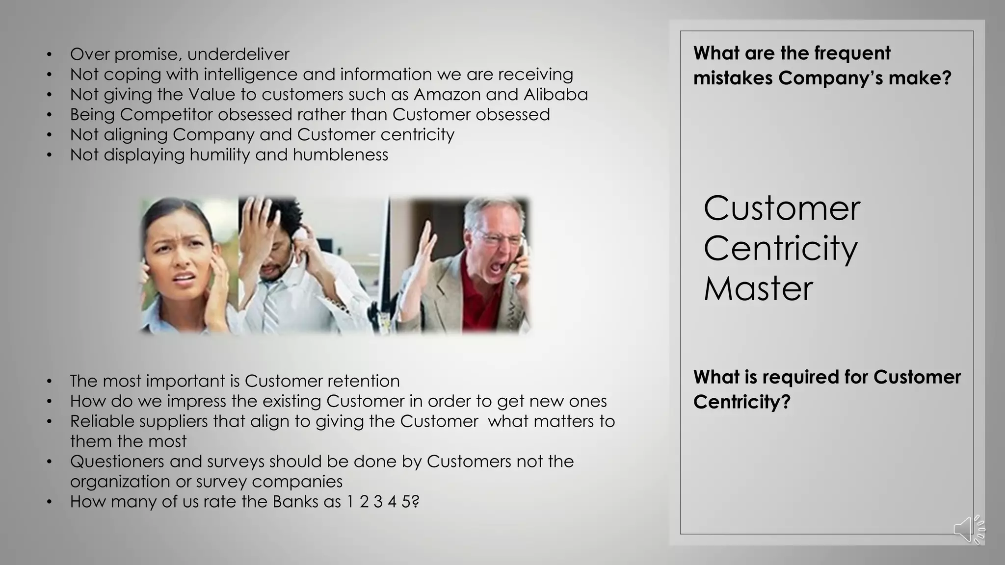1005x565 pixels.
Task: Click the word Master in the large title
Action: click(758, 288)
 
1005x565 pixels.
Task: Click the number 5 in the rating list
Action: click(406, 502)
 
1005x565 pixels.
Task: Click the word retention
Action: click(363, 381)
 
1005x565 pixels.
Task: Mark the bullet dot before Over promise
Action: click(49, 54)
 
